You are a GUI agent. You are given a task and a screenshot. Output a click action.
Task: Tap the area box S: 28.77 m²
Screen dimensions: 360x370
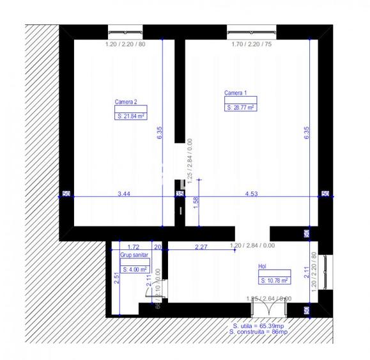pyautogui.click(x=240, y=108)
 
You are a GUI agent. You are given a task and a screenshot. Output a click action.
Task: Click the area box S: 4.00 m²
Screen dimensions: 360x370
pyautogui.click(x=134, y=269)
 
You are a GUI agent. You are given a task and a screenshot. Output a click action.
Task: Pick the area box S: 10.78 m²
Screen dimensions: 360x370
pyautogui.click(x=274, y=280)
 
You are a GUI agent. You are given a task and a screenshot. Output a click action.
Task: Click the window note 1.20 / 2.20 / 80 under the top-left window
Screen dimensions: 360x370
pyautogui.click(x=125, y=45)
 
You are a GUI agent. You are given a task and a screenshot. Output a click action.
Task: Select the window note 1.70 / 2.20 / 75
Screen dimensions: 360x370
pyautogui.click(x=252, y=45)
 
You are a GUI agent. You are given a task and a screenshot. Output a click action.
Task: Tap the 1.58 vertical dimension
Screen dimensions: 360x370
pyautogui.click(x=196, y=203)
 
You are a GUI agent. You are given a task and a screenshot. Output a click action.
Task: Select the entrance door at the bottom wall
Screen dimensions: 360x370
pyautogui.click(x=269, y=309)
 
